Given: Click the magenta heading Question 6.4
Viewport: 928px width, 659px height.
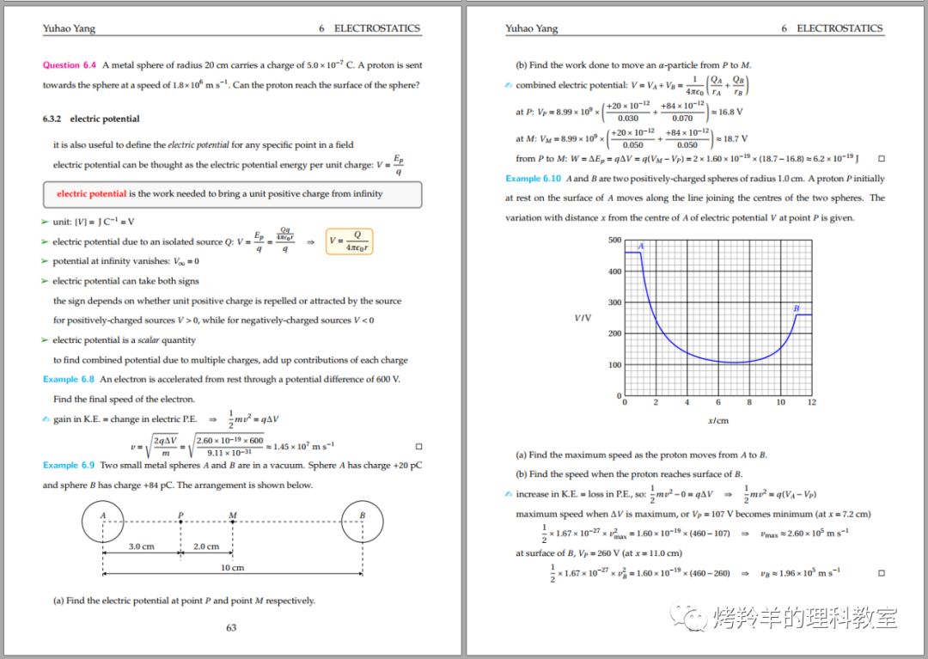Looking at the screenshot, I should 70,65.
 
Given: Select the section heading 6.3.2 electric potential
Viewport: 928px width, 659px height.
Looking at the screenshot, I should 91,119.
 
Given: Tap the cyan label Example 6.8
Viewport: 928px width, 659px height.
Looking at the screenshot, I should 69,379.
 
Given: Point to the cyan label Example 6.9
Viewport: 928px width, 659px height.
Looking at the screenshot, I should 69,465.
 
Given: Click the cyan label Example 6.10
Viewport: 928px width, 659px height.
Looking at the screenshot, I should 533,179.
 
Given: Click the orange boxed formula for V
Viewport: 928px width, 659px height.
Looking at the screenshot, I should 350,241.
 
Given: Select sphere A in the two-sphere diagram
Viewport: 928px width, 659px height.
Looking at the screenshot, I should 103,522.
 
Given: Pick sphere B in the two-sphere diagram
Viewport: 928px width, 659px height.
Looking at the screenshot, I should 363,522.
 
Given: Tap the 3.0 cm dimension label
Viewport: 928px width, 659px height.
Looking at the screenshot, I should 141,546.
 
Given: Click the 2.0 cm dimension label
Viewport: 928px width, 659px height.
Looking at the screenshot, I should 205,546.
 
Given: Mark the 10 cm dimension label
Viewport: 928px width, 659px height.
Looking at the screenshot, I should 232,567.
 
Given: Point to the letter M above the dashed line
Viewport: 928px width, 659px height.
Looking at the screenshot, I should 233,516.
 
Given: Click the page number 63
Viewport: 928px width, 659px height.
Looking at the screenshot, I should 231,627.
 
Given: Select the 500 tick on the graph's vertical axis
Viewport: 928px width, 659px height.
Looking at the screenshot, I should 614,240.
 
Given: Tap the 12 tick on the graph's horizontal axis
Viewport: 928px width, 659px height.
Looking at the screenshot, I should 811,402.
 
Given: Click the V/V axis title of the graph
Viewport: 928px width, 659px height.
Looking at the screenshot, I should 583,318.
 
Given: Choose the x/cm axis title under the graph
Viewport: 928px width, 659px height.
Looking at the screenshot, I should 717,421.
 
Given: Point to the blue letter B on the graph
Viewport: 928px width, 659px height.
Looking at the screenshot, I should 797,308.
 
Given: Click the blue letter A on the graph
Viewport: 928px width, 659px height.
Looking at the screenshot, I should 641,247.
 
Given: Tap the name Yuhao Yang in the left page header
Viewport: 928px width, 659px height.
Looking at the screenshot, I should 69,28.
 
